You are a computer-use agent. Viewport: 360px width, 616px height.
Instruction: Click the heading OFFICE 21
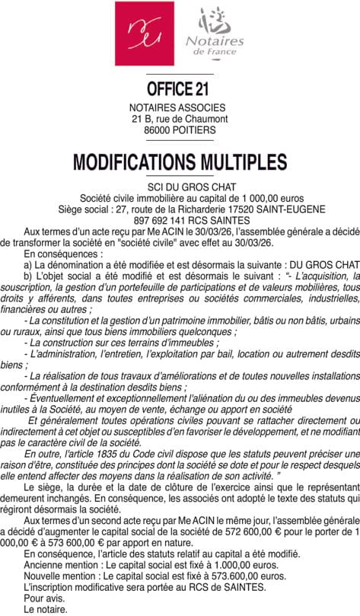point(180,91)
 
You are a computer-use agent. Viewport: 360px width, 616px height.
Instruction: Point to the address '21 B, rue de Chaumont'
point(180,119)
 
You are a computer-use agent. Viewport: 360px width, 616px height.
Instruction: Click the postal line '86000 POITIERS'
point(180,130)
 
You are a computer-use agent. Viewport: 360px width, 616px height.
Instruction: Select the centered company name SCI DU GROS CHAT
point(180,187)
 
